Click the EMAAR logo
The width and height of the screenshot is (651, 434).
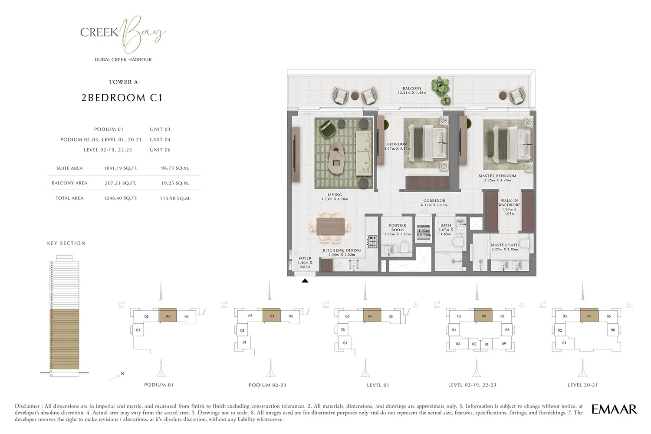(614, 409)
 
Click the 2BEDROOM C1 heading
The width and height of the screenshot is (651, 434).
(122, 98)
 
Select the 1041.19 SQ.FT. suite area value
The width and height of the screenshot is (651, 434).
(121, 168)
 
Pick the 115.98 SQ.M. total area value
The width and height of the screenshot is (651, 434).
(175, 198)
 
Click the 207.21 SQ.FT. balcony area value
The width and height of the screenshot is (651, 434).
(121, 183)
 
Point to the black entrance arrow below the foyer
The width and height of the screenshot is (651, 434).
(305, 281)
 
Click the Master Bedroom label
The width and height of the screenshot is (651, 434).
(497, 176)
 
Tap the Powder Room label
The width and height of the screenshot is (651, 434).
(397, 227)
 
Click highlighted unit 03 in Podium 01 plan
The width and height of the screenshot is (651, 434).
(168, 316)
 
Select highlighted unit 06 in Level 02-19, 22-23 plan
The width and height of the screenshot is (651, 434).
(483, 316)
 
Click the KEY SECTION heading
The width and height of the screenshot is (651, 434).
(66, 243)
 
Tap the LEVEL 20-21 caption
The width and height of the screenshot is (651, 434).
(582, 385)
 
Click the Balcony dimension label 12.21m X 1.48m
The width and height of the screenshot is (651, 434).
(412, 92)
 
